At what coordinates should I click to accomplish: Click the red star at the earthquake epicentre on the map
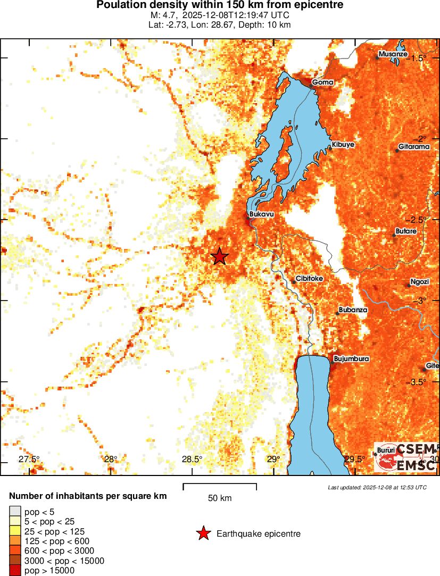click(219, 256)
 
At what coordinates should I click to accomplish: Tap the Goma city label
click(322, 82)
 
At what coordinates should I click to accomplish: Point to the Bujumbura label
click(351, 359)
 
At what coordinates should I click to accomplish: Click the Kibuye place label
click(343, 145)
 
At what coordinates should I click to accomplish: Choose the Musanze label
click(393, 54)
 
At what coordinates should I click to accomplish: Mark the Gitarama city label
click(413, 147)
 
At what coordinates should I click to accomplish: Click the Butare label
click(406, 231)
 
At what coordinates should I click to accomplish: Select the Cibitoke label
click(309, 278)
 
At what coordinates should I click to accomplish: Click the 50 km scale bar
click(220, 486)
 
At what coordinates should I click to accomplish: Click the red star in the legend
click(203, 533)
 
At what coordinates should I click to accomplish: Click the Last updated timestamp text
click(377, 487)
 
